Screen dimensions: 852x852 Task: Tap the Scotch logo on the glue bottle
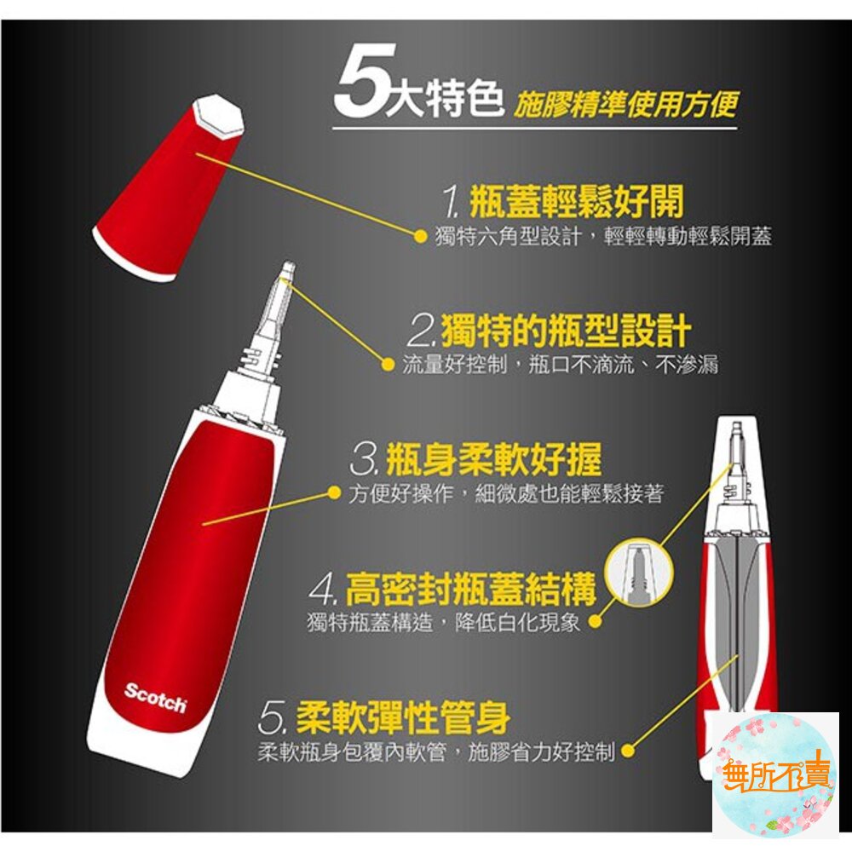pos(155,696)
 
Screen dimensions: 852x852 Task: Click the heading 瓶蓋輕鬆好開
pos(575,204)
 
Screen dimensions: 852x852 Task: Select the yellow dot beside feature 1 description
pos(419,237)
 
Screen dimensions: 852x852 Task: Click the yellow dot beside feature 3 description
pos(334,494)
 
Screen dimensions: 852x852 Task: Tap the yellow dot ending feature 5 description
pos(628,751)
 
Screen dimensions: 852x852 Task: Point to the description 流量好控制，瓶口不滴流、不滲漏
pos(560,366)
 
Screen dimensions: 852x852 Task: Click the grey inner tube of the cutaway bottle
pos(738,613)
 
